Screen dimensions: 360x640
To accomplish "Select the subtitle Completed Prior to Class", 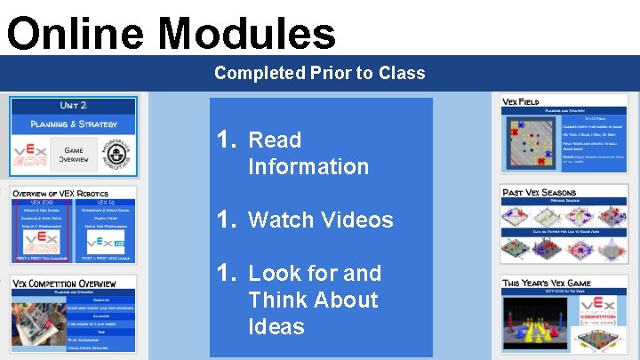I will click(x=320, y=73).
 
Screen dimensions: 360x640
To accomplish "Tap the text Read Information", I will click(x=308, y=153).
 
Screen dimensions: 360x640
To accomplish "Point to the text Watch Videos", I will click(x=320, y=220).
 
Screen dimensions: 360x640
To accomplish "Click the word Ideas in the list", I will click(x=276, y=326).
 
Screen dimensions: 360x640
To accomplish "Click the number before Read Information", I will click(x=227, y=140).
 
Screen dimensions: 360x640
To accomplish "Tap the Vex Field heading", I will click(x=521, y=102).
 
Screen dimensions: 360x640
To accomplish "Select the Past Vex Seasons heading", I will click(x=540, y=192).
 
